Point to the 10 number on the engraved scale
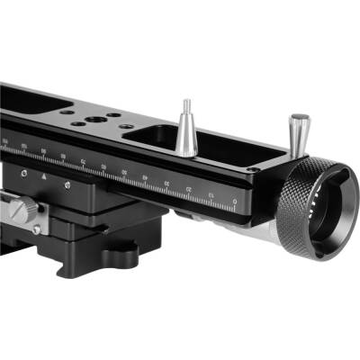210,194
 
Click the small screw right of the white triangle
66,184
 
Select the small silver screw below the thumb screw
36,230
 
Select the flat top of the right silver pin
299,117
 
